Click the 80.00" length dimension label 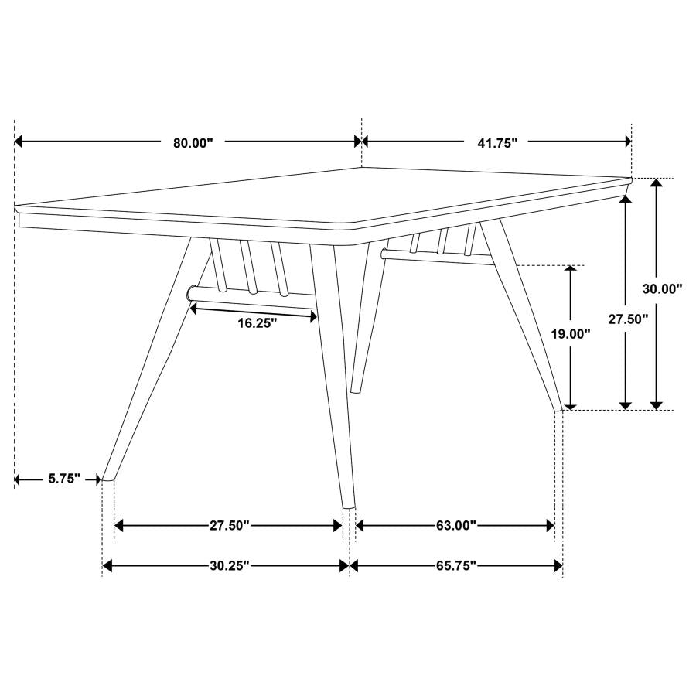coord(193,142)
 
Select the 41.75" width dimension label coord(496,142)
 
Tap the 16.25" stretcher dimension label coord(257,324)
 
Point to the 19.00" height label coord(571,334)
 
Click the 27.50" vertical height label coord(627,319)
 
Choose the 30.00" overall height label coord(663,288)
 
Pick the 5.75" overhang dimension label coord(64,479)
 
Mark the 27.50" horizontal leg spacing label coord(229,526)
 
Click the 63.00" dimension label coord(455,526)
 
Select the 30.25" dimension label coord(229,566)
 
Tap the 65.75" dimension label coord(455,566)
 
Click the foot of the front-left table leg coord(108,478)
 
